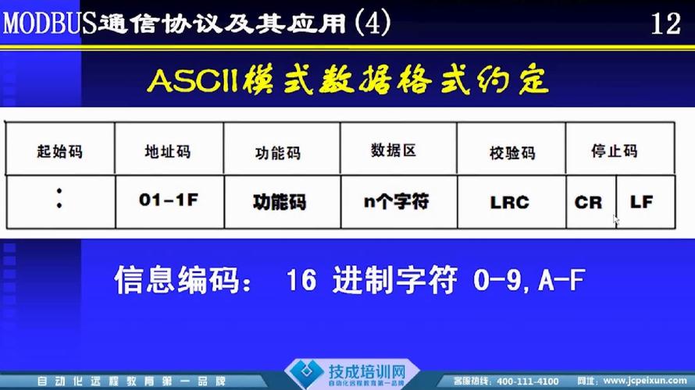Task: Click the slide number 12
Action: (665, 24)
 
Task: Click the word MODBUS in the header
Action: (48, 24)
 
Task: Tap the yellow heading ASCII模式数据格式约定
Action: (347, 81)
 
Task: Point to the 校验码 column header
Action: (510, 151)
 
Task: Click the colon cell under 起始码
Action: (59, 201)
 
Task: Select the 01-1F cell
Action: (169, 200)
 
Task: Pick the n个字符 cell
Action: (396, 201)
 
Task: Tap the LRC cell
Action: (510, 202)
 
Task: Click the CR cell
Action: (588, 202)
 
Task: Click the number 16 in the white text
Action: (301, 280)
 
